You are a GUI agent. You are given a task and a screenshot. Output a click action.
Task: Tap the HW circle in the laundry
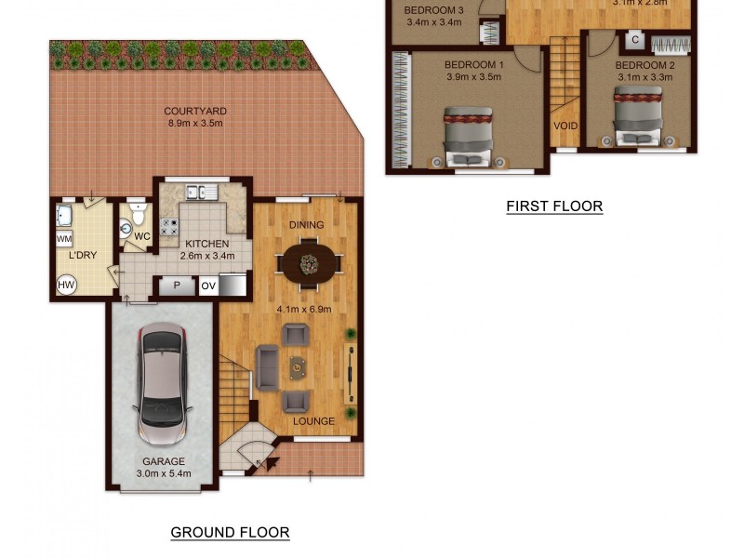pos(66,286)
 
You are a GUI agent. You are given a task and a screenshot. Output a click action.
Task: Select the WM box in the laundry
pos(64,240)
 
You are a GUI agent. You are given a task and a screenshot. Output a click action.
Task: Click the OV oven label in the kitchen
pos(208,286)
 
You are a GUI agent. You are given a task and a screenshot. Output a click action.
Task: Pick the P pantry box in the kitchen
pos(177,286)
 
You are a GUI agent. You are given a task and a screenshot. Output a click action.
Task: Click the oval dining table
pos(307,262)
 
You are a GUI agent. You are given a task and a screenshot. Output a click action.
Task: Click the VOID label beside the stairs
pos(565,126)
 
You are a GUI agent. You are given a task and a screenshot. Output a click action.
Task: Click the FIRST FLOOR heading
pos(554,206)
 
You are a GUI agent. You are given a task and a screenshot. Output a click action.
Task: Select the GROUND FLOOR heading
pos(230,533)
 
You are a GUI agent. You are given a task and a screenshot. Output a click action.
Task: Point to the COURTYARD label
pos(196,112)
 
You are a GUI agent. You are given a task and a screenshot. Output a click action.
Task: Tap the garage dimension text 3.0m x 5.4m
pos(164,473)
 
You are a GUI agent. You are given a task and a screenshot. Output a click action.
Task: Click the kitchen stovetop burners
pos(169,226)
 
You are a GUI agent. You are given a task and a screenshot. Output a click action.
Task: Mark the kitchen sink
pos(201,193)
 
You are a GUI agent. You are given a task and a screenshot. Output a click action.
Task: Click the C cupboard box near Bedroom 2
pos(635,40)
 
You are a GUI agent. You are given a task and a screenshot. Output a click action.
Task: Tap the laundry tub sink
pos(65,216)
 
